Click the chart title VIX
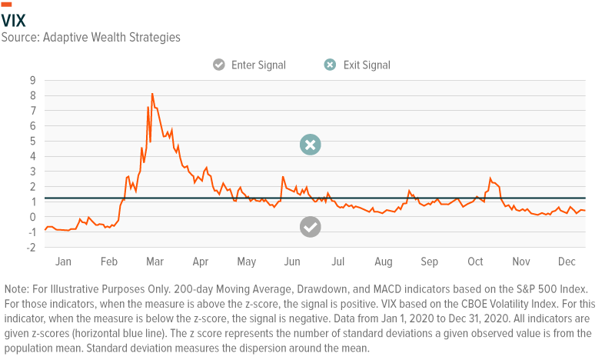tap(13, 20)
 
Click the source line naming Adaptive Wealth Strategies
tap(91, 36)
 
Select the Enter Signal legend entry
tap(250, 65)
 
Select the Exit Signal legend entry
tap(357, 65)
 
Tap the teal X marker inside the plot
tap(310, 145)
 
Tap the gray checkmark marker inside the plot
tap(310, 226)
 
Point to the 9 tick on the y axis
tap(32, 80)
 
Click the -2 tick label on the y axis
tap(30, 248)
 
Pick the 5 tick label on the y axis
tap(32, 141)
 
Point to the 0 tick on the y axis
tap(32, 217)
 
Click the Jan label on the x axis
tap(63, 262)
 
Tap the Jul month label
tap(338, 262)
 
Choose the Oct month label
tap(476, 262)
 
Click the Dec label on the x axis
tap(567, 262)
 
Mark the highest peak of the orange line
tap(152, 94)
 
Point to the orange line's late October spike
tap(490, 178)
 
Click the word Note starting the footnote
tap(16, 288)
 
